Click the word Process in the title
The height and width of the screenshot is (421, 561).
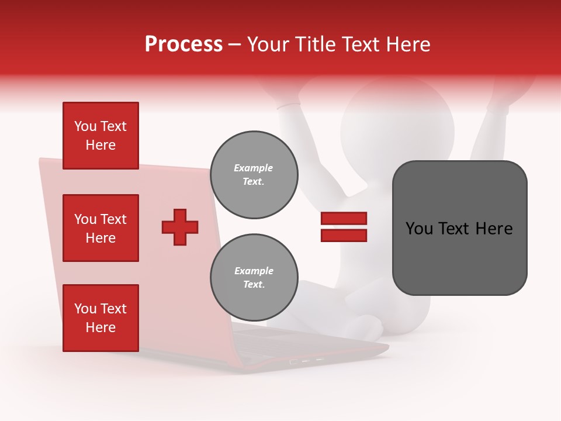tap(183, 44)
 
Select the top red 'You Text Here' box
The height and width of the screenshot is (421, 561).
tap(101, 136)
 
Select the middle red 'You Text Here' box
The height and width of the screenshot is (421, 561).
tap(101, 228)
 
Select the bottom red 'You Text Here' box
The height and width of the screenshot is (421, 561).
tap(101, 318)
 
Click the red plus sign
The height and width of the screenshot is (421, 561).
tap(180, 227)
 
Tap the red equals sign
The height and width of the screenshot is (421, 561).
tap(344, 227)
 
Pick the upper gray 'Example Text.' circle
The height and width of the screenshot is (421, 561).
tap(254, 175)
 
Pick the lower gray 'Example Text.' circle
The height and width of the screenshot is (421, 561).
tap(254, 278)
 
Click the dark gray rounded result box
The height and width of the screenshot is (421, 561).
tap(459, 228)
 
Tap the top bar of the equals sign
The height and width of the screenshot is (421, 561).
tap(344, 219)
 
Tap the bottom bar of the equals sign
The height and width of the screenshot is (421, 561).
tap(344, 235)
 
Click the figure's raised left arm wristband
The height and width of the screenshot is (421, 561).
tap(289, 106)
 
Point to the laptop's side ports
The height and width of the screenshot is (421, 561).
tap(307, 361)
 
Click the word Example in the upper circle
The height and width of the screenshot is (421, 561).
tap(254, 168)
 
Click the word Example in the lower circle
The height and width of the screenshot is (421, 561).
tap(254, 271)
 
